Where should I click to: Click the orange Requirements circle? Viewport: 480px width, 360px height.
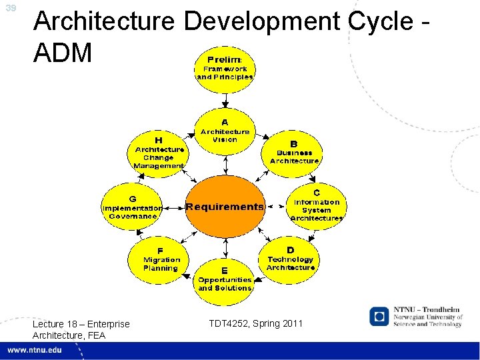pyautogui.click(x=225, y=207)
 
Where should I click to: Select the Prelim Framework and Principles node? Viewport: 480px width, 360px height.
pyautogui.click(x=225, y=69)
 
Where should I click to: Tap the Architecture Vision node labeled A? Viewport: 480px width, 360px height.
pyautogui.click(x=225, y=131)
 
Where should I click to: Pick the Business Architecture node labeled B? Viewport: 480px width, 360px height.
pyautogui.click(x=294, y=153)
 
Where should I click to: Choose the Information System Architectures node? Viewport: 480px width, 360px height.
pyautogui.click(x=317, y=205)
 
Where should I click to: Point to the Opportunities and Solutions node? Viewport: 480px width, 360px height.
pyautogui.click(x=225, y=280)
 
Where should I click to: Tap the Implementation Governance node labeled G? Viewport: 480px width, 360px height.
pyautogui.click(x=131, y=207)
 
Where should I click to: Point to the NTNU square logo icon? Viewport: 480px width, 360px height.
pyautogui.click(x=379, y=315)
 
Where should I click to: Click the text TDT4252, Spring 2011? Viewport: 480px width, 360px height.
pyautogui.click(x=255, y=324)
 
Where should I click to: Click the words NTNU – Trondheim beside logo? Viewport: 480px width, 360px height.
pyautogui.click(x=427, y=310)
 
